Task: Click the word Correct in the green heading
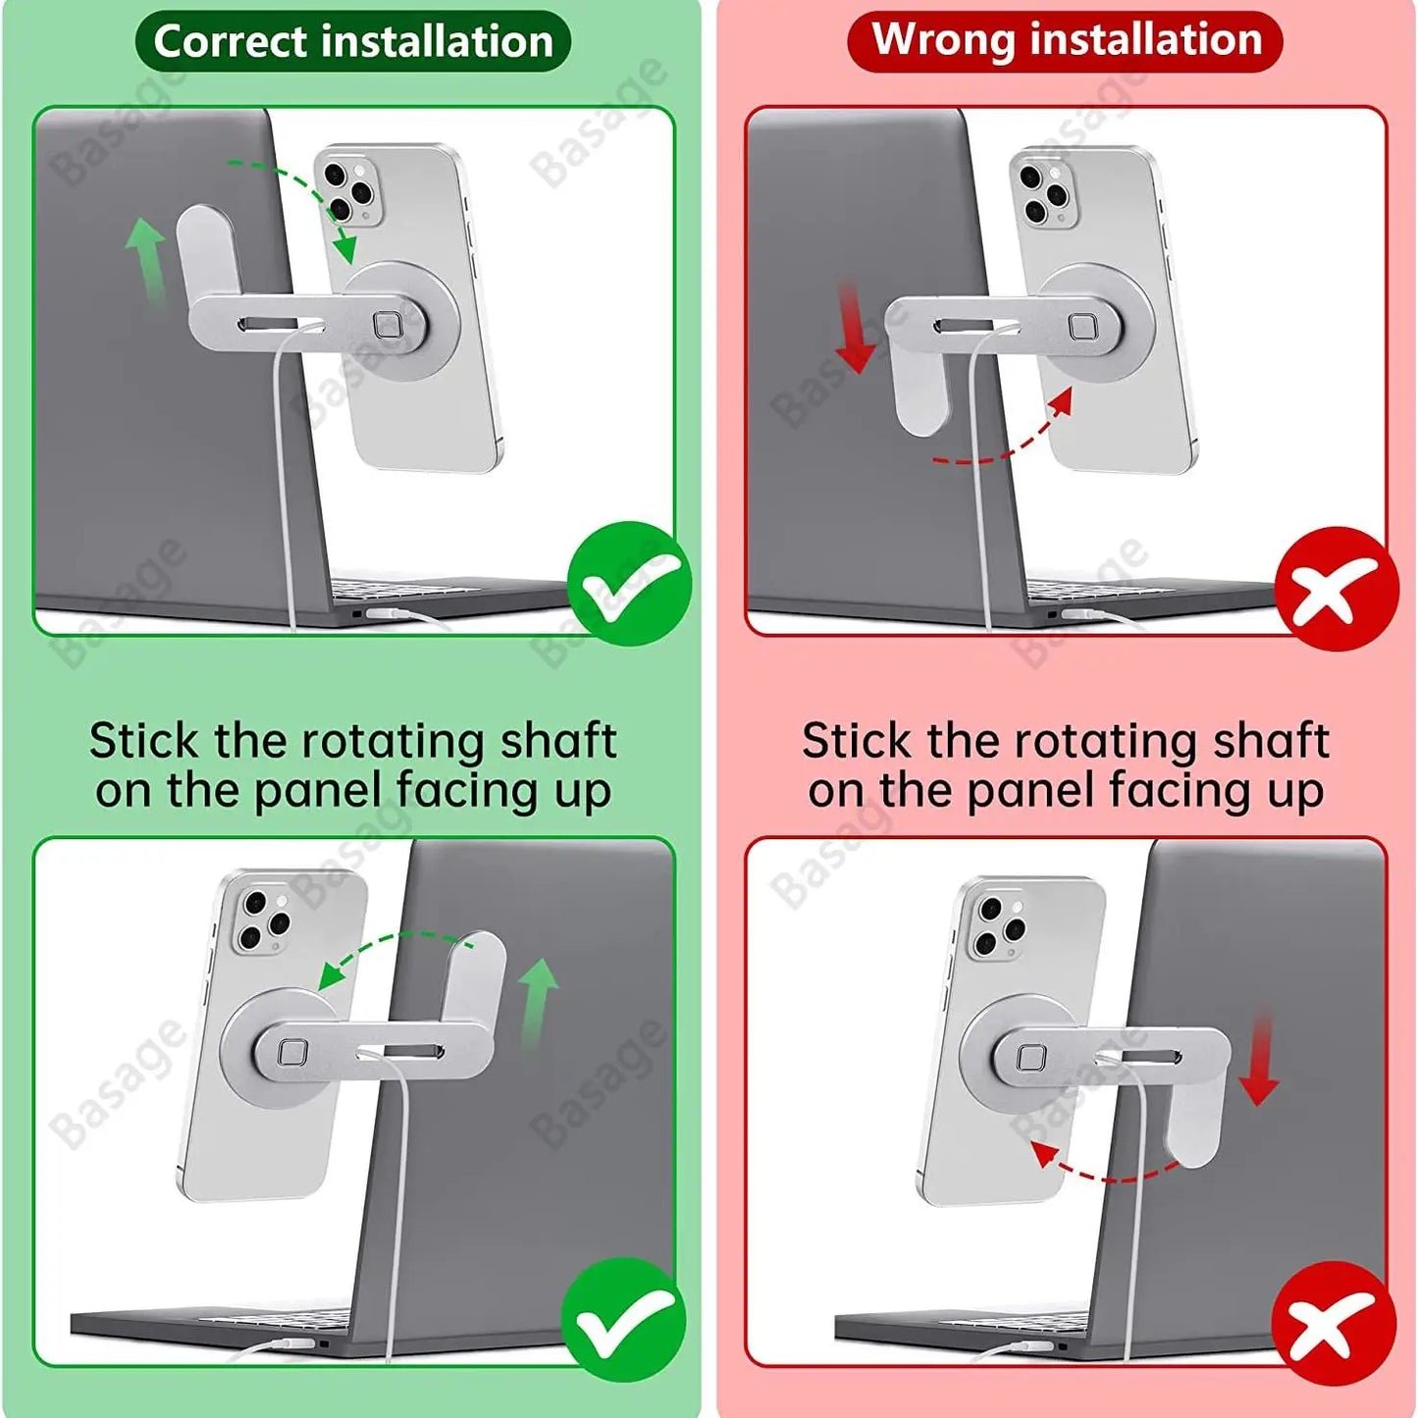[231, 42]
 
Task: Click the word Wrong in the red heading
[942, 40]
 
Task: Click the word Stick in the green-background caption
[143, 741]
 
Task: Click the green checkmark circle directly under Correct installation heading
[629, 584]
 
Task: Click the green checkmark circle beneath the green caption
[624, 1320]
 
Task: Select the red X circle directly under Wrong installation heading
[1337, 589]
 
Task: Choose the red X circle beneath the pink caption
[1334, 1323]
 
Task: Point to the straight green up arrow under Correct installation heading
[145, 259]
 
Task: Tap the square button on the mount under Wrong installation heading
[1083, 327]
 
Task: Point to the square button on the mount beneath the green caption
[292, 1053]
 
